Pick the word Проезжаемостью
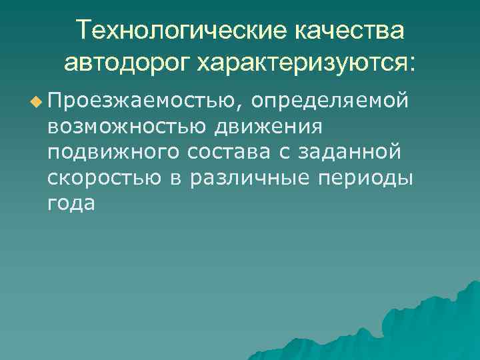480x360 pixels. point(145,100)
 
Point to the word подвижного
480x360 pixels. point(113,152)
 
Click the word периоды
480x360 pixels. point(368,178)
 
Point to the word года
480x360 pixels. point(71,204)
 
